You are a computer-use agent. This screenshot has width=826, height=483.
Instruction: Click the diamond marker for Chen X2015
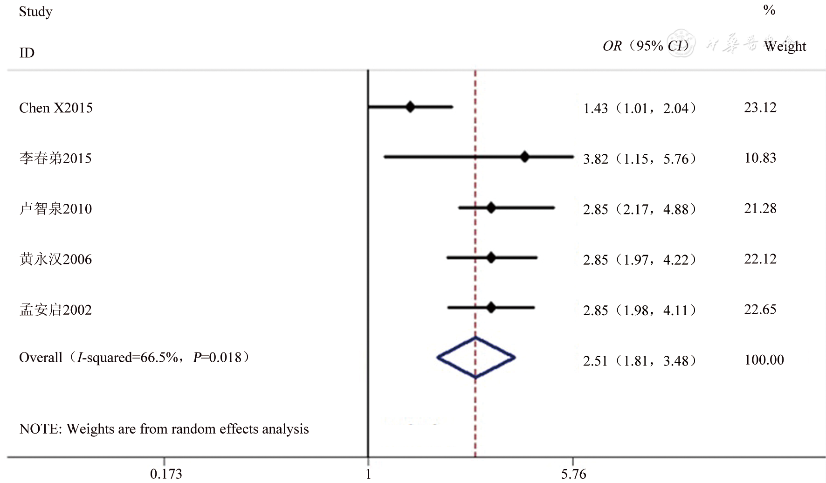(x=410, y=107)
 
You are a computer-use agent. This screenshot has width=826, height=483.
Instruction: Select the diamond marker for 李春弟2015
(x=524, y=157)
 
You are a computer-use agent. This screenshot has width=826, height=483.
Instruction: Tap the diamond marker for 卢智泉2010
(x=491, y=207)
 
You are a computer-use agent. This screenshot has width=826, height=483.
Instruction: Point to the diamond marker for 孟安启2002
(x=491, y=308)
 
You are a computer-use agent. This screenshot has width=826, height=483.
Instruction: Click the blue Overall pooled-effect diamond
(x=475, y=358)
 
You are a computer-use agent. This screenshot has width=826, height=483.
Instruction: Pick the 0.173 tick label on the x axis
(x=166, y=474)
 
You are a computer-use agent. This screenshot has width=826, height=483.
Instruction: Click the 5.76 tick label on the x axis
(x=573, y=474)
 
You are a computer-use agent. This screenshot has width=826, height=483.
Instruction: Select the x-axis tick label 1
(x=368, y=474)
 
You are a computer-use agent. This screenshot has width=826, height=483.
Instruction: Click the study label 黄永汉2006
(x=55, y=259)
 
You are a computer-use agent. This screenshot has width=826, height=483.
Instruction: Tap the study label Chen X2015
(x=55, y=108)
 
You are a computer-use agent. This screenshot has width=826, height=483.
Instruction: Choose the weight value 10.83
(x=760, y=158)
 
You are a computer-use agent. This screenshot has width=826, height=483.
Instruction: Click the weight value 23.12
(x=760, y=108)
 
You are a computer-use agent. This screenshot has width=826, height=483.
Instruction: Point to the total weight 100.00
(x=764, y=360)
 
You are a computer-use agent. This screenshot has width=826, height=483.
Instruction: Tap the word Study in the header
(x=35, y=12)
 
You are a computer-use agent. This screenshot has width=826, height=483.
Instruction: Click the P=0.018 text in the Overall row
(x=218, y=358)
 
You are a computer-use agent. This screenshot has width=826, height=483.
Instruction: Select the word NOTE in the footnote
(x=40, y=429)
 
